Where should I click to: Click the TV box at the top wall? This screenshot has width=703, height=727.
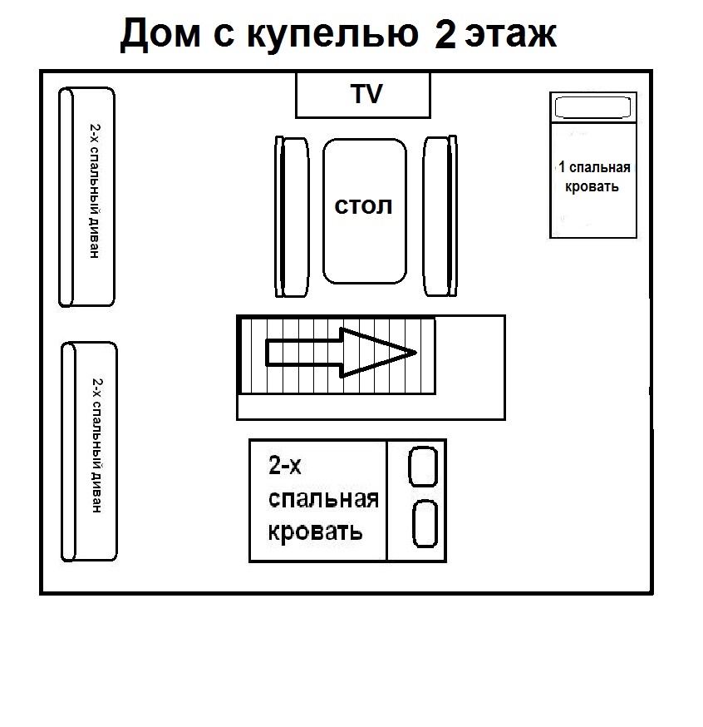363,95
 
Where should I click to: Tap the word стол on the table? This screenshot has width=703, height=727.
363,206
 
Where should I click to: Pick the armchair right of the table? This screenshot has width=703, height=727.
440,216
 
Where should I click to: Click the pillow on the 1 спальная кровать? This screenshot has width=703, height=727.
593,108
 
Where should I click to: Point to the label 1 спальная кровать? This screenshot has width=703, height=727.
593,177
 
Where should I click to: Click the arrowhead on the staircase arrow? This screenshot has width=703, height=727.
378,353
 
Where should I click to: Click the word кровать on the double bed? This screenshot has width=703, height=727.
315,531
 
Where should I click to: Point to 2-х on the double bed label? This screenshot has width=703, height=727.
284,466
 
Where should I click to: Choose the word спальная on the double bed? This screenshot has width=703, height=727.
322,499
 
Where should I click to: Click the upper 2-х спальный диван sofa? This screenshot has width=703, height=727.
86,196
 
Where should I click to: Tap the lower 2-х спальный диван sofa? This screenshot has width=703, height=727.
90,452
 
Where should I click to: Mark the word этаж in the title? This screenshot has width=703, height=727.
509,36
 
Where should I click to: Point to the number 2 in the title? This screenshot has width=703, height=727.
444,36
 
